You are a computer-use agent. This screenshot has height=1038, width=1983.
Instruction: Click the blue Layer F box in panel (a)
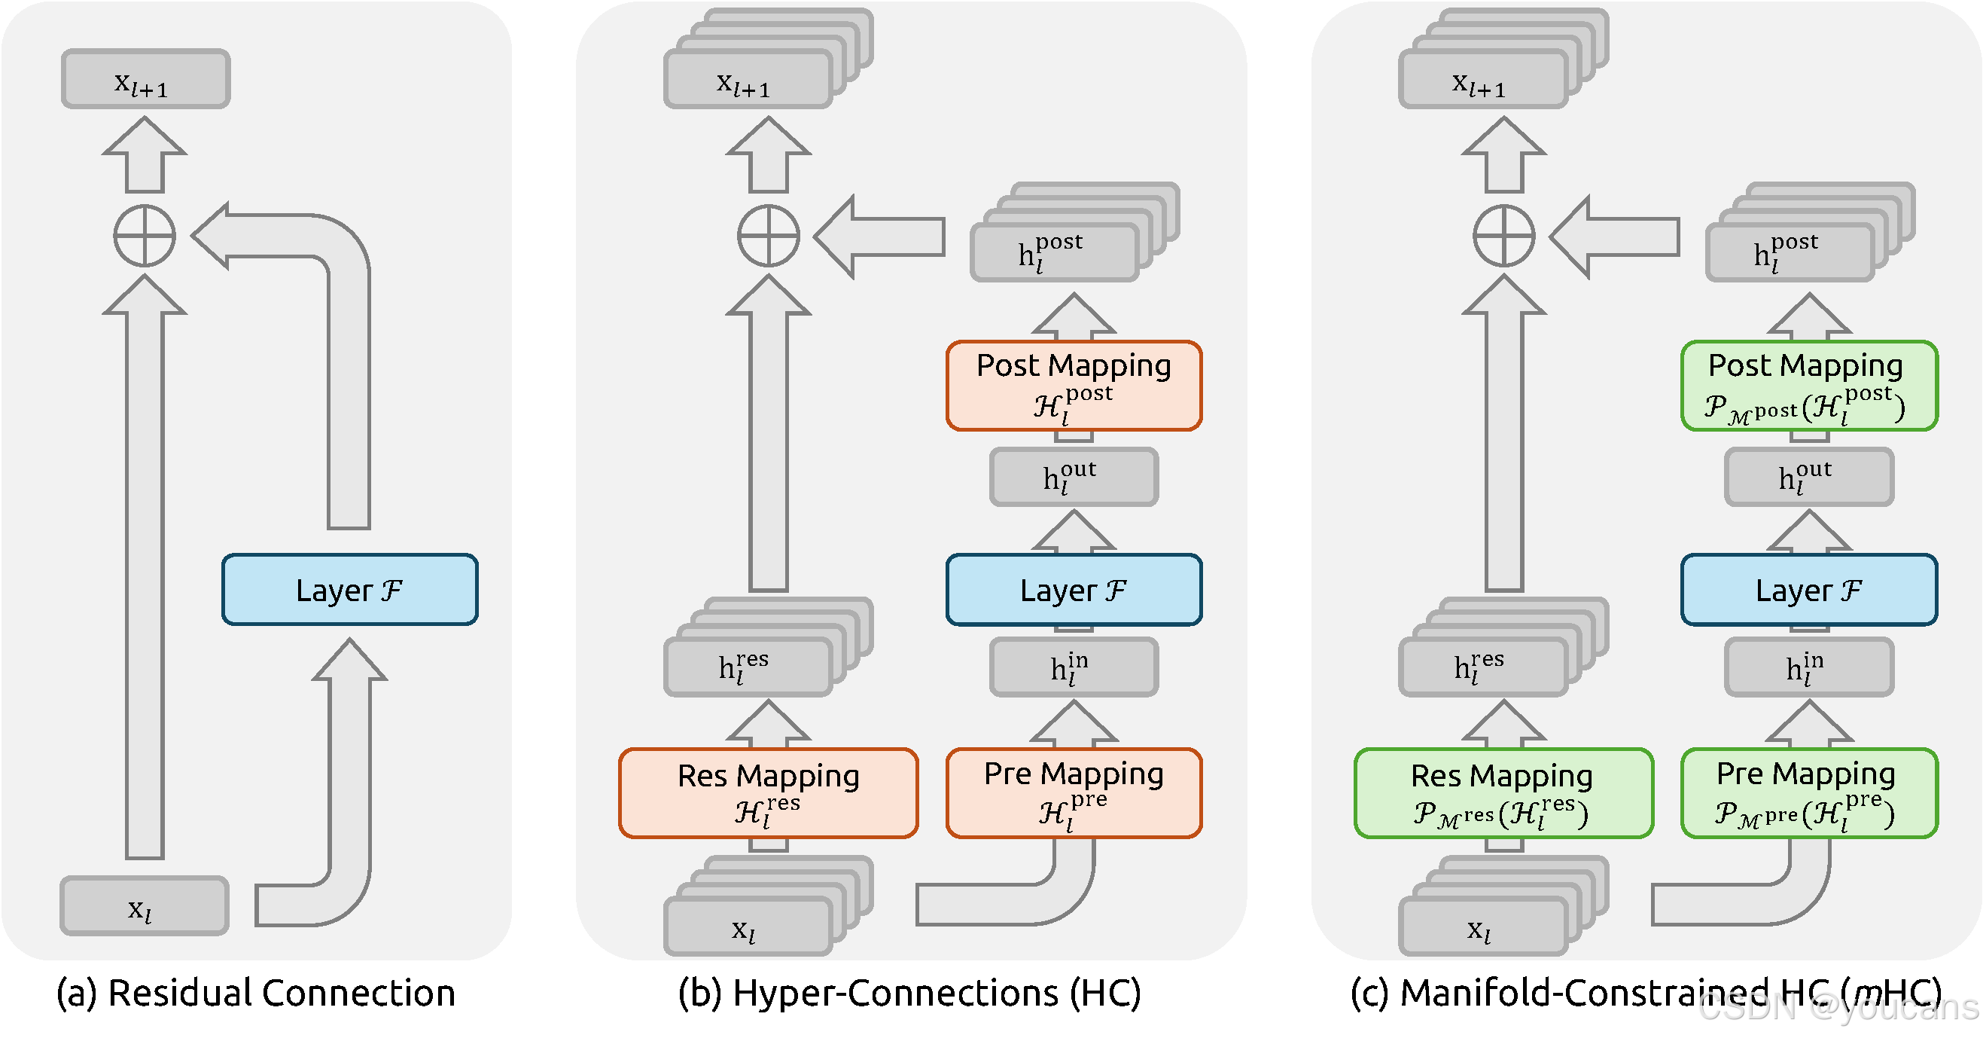coord(349,590)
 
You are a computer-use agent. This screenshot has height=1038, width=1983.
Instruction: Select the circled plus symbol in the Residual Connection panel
coord(145,236)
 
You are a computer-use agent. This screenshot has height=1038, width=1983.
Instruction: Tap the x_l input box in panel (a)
coord(145,906)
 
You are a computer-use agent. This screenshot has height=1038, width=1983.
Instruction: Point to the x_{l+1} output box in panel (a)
coord(145,78)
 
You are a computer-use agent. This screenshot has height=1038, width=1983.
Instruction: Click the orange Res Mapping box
coord(768,792)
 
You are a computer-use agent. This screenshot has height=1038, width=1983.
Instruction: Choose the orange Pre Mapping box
coord(1074,792)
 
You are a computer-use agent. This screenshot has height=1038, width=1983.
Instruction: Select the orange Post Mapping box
coord(1074,385)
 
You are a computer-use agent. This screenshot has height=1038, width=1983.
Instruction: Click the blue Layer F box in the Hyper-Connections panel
coord(1074,590)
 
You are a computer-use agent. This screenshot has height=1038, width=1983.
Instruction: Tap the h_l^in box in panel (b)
coord(1074,667)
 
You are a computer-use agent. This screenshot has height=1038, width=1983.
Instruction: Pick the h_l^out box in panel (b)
coord(1074,478)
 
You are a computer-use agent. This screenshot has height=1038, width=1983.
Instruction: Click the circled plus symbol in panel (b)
coord(768,236)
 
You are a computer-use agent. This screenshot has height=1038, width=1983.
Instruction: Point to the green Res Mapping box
coord(1503,792)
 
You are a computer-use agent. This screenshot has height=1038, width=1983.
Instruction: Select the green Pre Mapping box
coord(1809,792)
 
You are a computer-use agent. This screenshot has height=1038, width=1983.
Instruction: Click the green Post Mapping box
coord(1809,385)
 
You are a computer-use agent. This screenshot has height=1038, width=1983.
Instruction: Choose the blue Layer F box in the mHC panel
coord(1809,590)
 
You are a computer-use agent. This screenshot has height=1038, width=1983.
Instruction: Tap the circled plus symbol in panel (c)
coord(1503,236)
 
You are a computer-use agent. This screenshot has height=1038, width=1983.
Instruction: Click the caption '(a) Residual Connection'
coord(255,994)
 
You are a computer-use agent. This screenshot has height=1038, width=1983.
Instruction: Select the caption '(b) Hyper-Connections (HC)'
coord(909,994)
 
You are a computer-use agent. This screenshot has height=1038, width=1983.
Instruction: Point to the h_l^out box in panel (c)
coord(1809,478)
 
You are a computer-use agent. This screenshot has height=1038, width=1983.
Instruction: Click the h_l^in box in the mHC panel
coord(1809,667)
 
